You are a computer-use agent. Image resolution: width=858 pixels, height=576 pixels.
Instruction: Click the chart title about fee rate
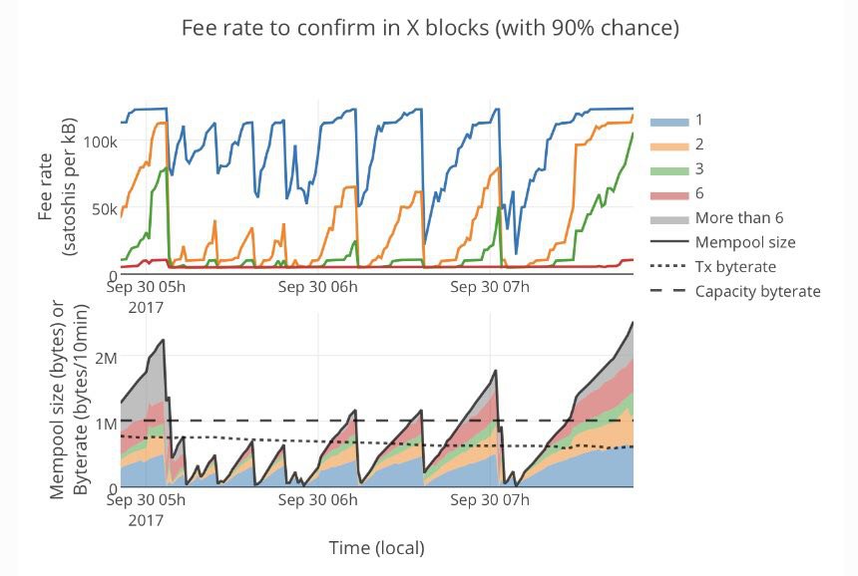point(430,28)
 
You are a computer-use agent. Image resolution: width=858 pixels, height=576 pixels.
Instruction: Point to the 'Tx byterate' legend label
point(735,266)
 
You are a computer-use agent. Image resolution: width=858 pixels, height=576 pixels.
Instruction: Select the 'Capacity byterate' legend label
point(757,291)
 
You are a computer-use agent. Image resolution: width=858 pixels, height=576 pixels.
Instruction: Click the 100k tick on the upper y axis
point(100,142)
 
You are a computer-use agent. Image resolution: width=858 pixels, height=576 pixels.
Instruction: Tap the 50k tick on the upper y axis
point(103,209)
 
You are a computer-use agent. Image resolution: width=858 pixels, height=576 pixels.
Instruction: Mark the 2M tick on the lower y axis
point(104,357)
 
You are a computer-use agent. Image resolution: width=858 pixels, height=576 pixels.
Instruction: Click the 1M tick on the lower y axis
point(104,423)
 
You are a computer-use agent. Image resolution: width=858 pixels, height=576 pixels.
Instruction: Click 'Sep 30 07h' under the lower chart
point(490,501)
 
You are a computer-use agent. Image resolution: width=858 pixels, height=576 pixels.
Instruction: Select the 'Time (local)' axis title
point(376,548)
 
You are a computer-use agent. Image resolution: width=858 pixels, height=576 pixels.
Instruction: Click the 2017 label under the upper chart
point(146,307)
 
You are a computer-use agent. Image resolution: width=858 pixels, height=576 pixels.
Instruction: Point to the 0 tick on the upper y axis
point(112,275)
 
